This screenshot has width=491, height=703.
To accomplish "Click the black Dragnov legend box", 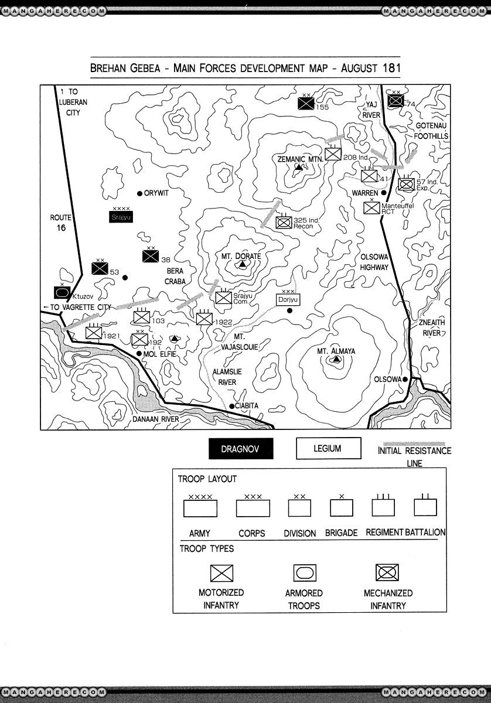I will tap(241, 449).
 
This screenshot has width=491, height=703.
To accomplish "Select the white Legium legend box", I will tap(328, 449).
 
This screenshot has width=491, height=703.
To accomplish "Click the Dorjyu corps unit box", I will tap(288, 299).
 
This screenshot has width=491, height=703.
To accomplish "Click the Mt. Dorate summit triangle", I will tap(241, 265).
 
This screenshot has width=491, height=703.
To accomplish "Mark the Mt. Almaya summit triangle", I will tap(335, 360).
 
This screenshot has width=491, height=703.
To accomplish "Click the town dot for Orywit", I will tap(139, 193).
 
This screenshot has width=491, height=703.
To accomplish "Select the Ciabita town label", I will tap(247, 405).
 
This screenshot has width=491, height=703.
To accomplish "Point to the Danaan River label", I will tap(155, 419).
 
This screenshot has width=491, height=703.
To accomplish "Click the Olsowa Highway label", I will tap(374, 262).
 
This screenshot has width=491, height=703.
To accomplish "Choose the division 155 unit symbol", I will tap(305, 104).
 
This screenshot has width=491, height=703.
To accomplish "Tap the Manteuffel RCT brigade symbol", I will tap(372, 208).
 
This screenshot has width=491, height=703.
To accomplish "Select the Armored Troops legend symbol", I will tap(304, 573).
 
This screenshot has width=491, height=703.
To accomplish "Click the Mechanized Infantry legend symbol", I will tap(387, 572).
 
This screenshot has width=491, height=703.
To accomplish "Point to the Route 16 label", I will tap(61, 223).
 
